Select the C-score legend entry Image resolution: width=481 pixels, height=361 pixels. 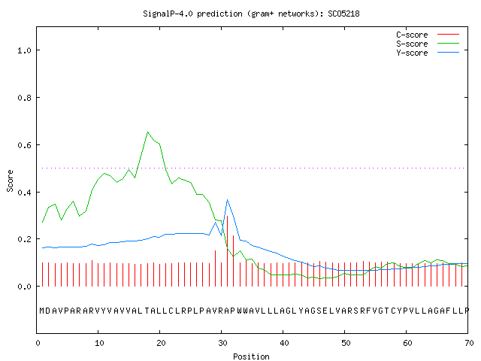[428, 35]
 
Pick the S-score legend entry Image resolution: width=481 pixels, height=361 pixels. [428, 44]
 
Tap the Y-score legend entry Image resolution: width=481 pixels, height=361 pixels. [428, 53]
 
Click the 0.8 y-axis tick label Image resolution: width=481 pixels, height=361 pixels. [24, 98]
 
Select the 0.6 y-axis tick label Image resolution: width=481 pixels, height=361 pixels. [24, 145]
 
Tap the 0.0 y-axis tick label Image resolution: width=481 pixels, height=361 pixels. [24, 287]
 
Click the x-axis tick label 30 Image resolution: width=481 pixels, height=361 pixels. [222, 343]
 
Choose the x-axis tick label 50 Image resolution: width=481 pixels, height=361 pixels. [346, 343]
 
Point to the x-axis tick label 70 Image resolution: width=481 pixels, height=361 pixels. [469, 343]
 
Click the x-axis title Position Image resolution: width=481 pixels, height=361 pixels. [251, 356]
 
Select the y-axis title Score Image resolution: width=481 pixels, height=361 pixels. [10, 180]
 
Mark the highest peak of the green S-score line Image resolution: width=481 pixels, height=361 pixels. [147, 132]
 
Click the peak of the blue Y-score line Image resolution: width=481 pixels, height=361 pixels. [227, 200]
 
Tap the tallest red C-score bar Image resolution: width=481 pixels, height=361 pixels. [227, 251]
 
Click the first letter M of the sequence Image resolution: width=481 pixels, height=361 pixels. [42, 311]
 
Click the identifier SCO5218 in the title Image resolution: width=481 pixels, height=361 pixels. [343, 14]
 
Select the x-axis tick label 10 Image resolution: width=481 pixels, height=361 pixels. [99, 343]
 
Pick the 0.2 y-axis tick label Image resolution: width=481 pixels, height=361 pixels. [24, 239]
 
